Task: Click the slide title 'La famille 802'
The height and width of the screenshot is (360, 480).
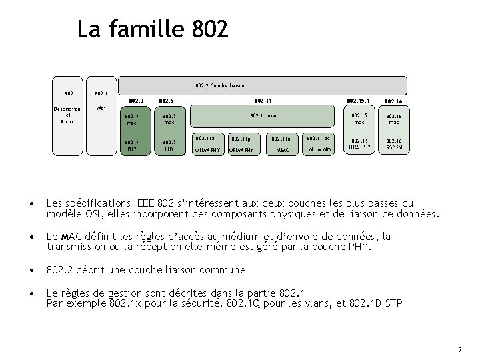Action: pos(153,29)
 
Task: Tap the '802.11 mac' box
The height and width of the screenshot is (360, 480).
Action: pos(263,116)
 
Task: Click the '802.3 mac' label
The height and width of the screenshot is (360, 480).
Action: pos(131,119)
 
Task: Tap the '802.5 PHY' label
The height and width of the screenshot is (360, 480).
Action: pos(169,145)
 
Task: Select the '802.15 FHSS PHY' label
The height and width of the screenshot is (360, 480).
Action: pos(359,145)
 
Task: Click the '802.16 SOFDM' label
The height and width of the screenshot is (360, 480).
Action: pos(393,145)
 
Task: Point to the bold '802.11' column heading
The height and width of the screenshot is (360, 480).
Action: pos(263,101)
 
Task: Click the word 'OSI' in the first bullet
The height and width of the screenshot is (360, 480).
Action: pos(82,214)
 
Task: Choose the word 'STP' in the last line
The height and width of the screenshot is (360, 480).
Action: pos(393,303)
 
